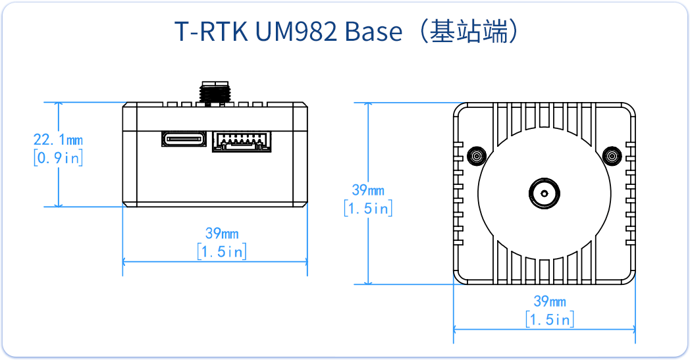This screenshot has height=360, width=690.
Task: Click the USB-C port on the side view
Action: (184, 139)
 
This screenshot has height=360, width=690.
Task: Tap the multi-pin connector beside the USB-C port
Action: (242, 141)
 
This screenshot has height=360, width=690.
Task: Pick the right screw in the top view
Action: (612, 157)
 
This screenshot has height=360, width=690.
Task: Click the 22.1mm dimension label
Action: (58, 140)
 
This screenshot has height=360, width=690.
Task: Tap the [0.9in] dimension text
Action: (58, 158)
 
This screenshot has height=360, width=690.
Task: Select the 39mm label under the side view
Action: (222, 234)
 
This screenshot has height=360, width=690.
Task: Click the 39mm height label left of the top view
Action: (368, 191)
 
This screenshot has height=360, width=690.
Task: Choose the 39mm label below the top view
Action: (550, 301)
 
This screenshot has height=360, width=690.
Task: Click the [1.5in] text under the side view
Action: (222, 251)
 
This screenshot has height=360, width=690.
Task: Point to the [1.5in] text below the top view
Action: (550, 320)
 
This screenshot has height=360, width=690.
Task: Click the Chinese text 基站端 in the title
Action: (468, 32)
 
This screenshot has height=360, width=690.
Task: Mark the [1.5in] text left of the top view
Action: (368, 209)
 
